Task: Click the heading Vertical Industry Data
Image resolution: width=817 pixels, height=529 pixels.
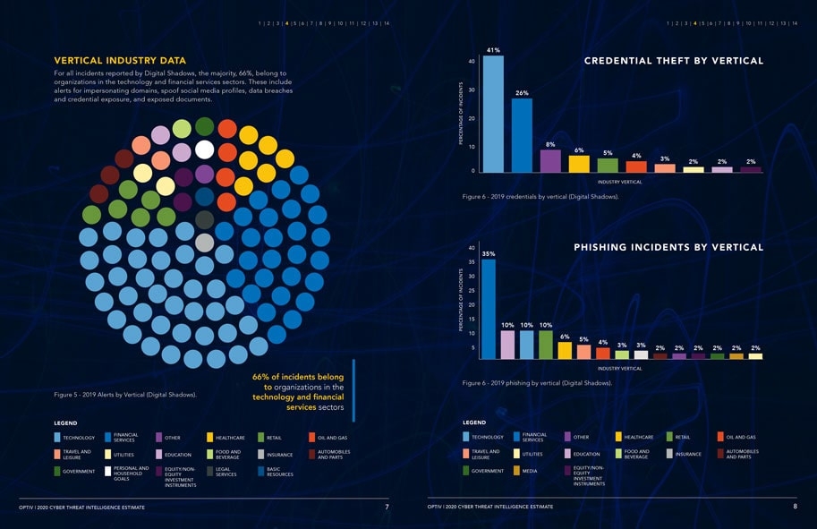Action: [120, 61]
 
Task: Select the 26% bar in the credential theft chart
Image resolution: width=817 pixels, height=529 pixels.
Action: [522, 134]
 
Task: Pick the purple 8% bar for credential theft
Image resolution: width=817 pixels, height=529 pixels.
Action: [550, 160]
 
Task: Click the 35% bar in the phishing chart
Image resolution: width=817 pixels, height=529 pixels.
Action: [489, 309]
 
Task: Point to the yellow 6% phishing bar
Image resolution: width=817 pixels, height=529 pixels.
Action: [565, 350]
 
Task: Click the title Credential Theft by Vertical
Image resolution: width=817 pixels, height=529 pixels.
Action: [673, 61]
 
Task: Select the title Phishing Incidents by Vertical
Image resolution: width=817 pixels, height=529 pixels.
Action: [668, 247]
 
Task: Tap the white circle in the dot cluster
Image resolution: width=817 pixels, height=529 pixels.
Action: [205, 149]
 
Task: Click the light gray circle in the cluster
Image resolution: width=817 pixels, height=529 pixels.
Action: [205, 243]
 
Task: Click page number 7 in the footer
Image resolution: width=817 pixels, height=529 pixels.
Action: [387, 507]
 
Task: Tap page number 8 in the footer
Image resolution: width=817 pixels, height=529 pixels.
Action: [795, 507]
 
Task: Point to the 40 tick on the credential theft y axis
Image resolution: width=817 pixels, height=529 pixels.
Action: [471, 61]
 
